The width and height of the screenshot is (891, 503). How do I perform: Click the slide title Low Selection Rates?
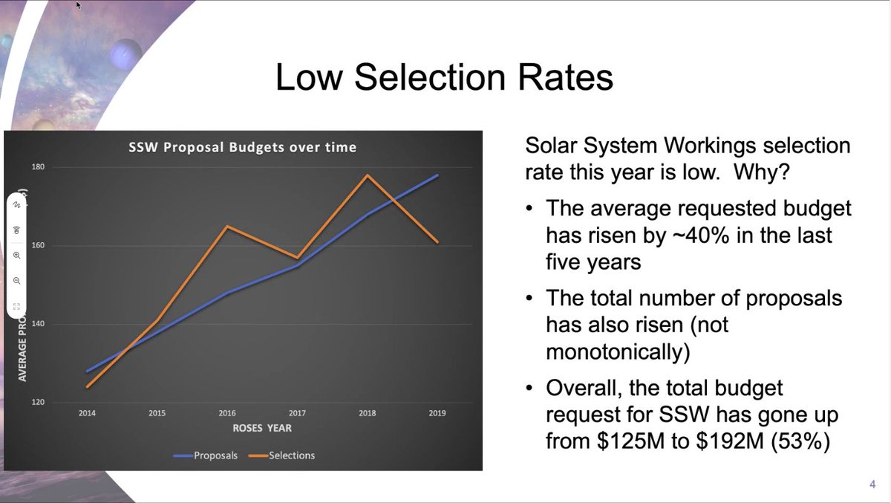click(x=444, y=78)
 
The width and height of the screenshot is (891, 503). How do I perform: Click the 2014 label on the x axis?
click(x=87, y=413)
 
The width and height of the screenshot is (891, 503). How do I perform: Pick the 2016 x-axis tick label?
click(x=227, y=413)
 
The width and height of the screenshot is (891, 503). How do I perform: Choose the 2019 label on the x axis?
click(x=437, y=413)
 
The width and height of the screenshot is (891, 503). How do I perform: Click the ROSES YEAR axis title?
click(x=262, y=428)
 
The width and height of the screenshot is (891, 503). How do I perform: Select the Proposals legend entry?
click(x=215, y=455)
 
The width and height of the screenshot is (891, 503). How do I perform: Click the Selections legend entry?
click(x=290, y=455)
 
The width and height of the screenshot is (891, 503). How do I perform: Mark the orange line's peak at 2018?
click(x=368, y=175)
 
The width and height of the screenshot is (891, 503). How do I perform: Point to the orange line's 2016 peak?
click(x=227, y=226)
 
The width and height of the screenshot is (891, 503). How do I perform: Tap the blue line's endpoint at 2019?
click(x=437, y=175)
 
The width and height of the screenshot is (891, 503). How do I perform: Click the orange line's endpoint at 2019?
click(x=437, y=242)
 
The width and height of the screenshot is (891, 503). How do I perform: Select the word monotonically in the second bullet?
click(x=618, y=351)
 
